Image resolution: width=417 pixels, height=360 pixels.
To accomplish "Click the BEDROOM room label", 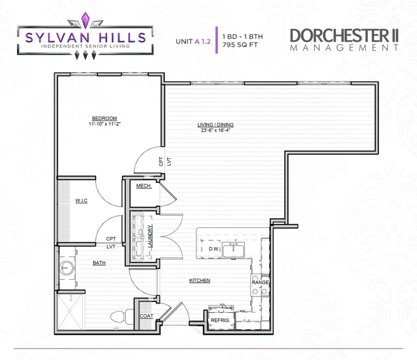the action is pos(105,119).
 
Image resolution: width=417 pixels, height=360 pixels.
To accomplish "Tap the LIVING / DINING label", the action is pos(215,125).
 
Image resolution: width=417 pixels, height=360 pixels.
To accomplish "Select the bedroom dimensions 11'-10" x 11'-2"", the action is pos(105,124).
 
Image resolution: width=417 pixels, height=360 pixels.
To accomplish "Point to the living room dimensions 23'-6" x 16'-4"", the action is pos(215,130).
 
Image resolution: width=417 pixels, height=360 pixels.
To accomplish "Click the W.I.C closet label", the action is pos(81,200).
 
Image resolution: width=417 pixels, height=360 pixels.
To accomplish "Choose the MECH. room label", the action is pos(144,186).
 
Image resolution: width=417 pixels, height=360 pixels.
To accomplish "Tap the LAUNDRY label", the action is pos(150,236).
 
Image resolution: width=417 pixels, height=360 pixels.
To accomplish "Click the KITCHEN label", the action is pos(200,281).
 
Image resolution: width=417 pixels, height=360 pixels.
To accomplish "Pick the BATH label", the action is pos(99,263).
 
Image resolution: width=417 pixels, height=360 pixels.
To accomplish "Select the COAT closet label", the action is pos(147,316).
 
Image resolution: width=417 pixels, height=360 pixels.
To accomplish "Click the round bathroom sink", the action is pos(67,268).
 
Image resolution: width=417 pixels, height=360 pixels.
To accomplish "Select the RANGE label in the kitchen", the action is pos(260,282).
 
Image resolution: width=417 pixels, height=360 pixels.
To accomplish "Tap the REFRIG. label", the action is pos(220,320).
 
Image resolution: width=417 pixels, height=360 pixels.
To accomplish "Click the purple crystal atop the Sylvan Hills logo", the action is pos(85,20).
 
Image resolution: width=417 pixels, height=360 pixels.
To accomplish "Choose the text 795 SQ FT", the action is pos(240,45).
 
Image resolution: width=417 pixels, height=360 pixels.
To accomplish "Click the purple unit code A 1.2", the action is pos(203,42).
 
